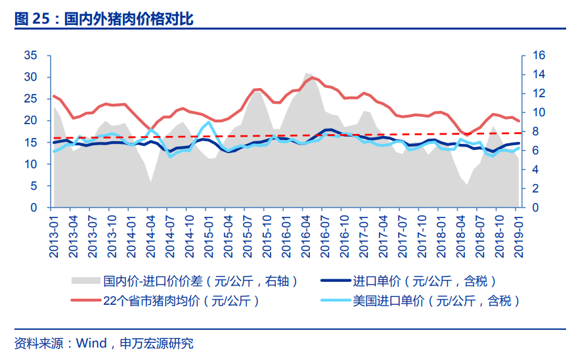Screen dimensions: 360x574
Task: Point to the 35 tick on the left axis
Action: tap(31, 55)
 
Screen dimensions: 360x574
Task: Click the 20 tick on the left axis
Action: tap(31, 120)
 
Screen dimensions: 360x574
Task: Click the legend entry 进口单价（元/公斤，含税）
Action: tap(424, 281)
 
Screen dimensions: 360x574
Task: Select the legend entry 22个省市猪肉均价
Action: tap(181, 301)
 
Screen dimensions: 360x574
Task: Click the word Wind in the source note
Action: tap(92, 343)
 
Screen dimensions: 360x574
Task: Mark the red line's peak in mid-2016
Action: tap(313, 78)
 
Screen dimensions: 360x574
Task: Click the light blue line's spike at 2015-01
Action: tap(208, 122)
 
